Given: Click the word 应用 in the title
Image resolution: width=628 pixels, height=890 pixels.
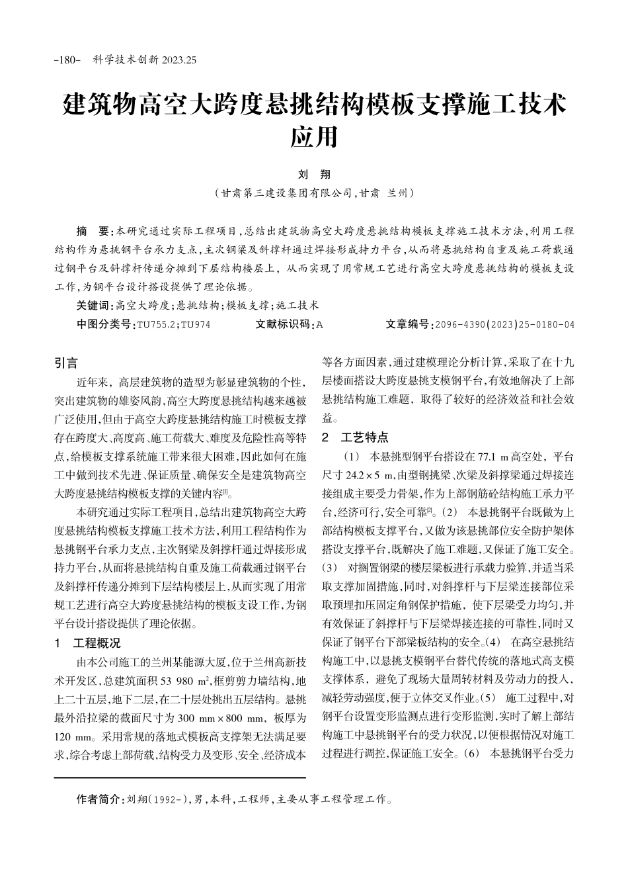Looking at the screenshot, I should click(x=314, y=137).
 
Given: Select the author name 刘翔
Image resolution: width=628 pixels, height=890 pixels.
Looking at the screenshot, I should click(x=314, y=175).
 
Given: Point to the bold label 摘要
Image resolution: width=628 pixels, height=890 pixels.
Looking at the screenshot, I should click(x=94, y=231).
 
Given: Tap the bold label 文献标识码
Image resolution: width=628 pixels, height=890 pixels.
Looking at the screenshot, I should click(x=283, y=324).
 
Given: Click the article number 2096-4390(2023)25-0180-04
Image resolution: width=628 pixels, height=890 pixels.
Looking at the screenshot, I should click(x=503, y=324).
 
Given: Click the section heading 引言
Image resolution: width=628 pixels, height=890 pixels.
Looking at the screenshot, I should click(x=65, y=363).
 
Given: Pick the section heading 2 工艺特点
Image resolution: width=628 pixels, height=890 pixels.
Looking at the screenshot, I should click(x=355, y=437).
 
